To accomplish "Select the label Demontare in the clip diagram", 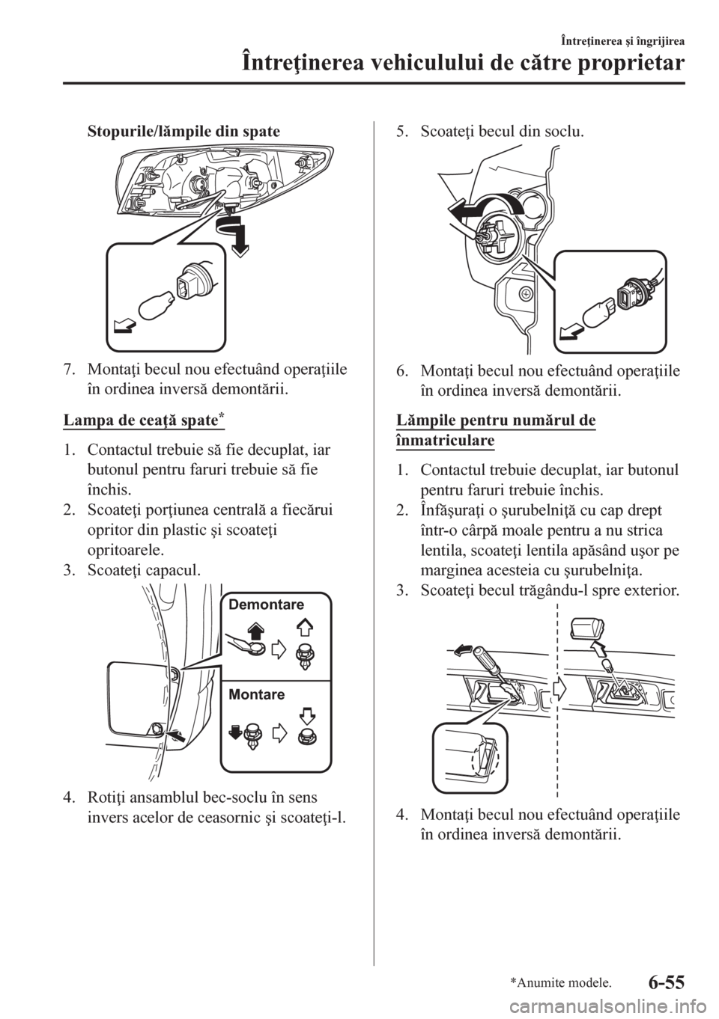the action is [266, 605].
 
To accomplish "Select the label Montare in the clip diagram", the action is [256, 694].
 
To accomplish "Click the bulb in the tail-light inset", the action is [157, 308].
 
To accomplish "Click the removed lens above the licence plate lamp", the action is [587, 630].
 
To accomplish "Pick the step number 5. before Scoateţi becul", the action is [402, 132].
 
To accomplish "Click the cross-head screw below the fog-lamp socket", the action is [527, 294].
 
